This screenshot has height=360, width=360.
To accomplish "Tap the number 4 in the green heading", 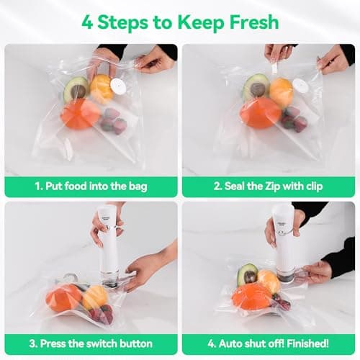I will [88, 22].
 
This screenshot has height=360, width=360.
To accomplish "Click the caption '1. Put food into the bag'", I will [91, 186].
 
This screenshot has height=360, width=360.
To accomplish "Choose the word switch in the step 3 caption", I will [110, 343].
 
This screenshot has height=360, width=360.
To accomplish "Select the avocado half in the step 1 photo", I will [75, 89].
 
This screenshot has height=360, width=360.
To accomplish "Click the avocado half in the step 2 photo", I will [256, 86].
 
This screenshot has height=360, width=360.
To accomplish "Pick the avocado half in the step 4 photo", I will [248, 274].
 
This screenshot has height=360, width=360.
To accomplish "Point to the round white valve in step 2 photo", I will [300, 86].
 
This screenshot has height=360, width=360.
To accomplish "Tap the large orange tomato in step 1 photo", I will [79, 113].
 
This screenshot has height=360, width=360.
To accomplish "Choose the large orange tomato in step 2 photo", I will [259, 112].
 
